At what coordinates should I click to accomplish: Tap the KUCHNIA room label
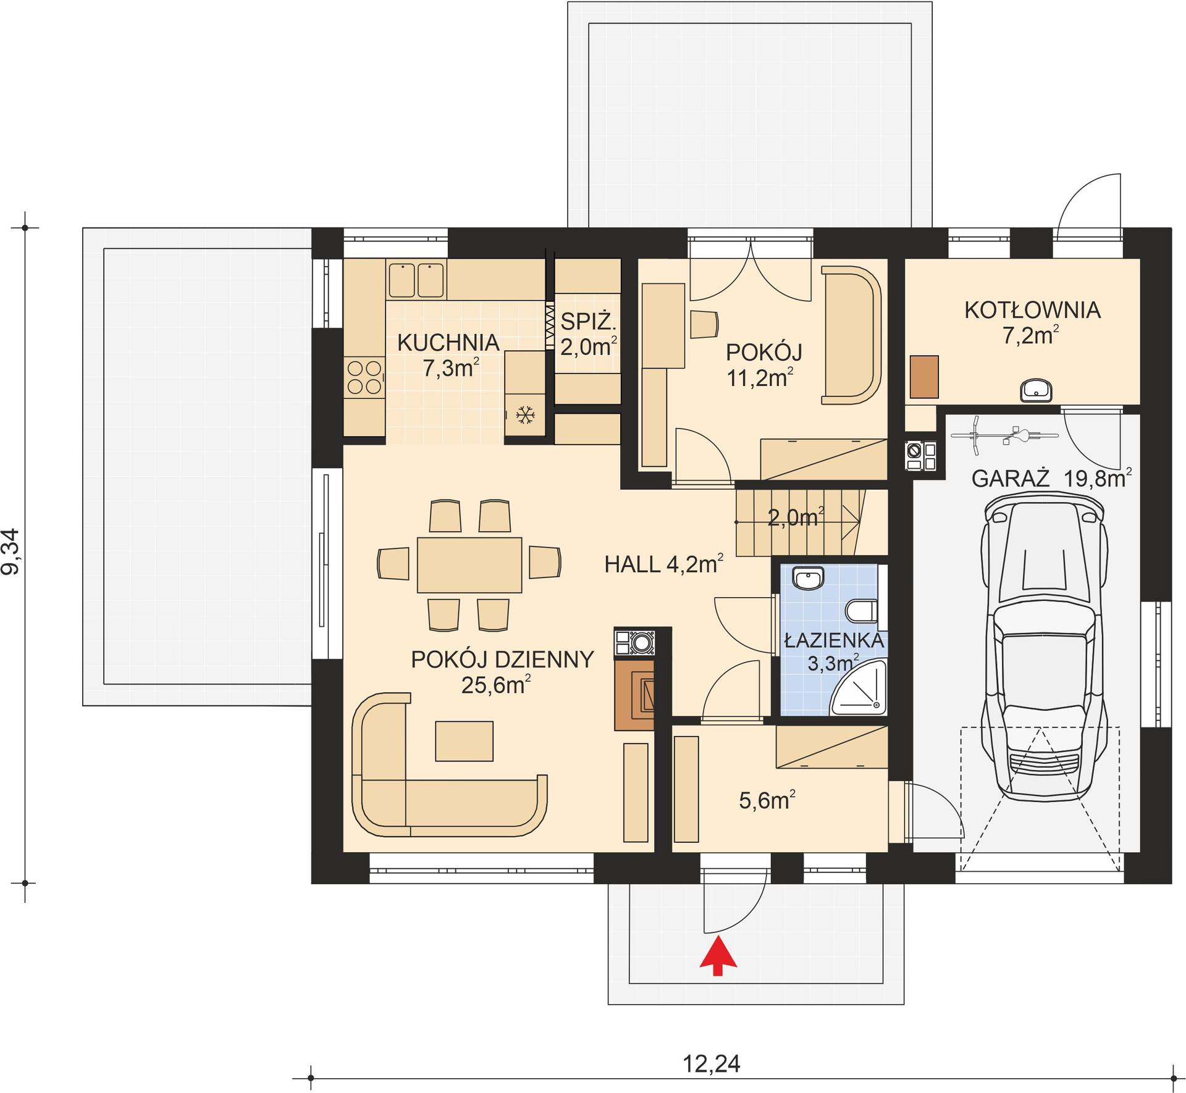448,342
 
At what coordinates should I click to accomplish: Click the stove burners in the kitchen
364,377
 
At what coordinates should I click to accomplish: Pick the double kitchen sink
416,280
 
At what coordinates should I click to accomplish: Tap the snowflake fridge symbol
525,415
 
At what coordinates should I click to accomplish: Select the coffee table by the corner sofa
464,741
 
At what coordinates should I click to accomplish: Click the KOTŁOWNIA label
1032,310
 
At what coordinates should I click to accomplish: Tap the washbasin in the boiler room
1036,390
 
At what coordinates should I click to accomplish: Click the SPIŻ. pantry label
588,321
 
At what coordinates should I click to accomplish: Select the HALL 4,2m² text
663,564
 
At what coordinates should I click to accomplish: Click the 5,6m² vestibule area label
767,801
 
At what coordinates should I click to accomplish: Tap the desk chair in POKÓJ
703,324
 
